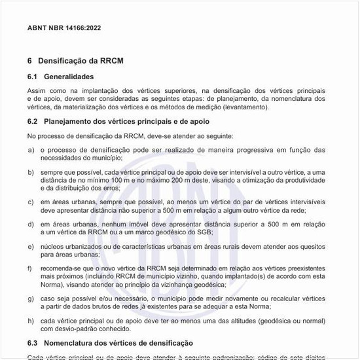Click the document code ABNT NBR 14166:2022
tap(64, 28)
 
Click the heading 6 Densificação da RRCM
tap(75, 60)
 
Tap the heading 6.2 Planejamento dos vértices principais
tap(118, 121)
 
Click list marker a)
tap(31, 150)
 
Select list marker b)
tap(31, 172)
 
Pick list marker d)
tap(31, 224)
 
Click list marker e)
tap(31, 246)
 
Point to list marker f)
tap(30, 268)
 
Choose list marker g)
tap(31, 298)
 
